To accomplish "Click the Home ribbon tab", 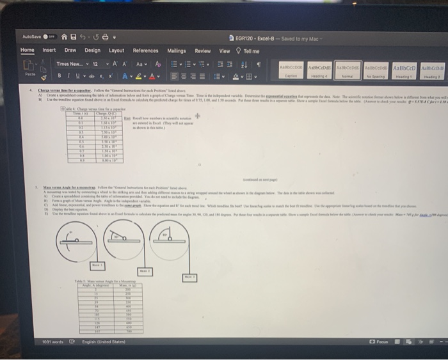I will (x=28, y=50).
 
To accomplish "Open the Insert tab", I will (x=49, y=50).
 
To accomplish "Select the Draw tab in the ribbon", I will (x=70, y=50).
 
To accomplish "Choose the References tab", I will (x=145, y=51).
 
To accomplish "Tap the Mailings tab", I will (x=176, y=51).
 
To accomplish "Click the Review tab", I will (x=202, y=51).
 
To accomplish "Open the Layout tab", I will (x=116, y=50).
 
